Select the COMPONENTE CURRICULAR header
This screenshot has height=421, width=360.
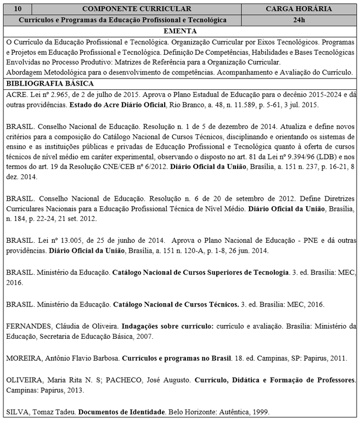(137, 9)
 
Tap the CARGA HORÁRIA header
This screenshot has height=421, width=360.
(299, 9)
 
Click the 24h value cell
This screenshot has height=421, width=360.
(299, 19)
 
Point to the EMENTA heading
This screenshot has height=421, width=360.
(179, 30)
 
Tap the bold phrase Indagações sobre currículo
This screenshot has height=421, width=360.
(167, 326)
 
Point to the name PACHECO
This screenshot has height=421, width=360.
(125, 380)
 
